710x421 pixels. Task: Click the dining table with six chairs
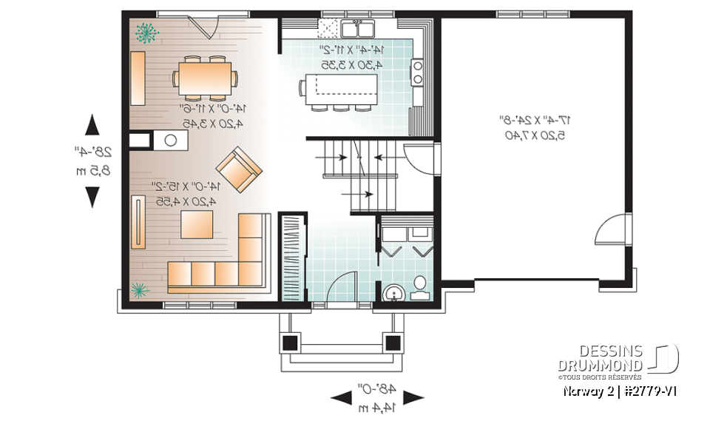point(206,78)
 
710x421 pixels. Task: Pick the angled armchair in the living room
point(239,169)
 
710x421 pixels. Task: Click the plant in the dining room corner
point(146,32)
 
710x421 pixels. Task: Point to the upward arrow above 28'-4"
point(92,124)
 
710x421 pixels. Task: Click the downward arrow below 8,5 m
point(92,198)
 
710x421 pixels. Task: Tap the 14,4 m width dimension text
point(378,406)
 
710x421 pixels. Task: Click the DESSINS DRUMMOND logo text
point(601,357)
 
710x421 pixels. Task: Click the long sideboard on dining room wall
point(138,79)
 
